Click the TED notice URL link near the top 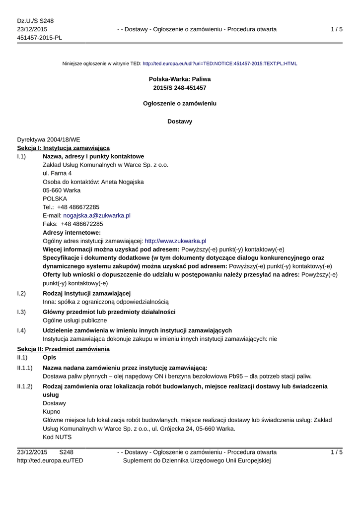(x=219, y=64)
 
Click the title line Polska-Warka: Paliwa (x=180, y=79)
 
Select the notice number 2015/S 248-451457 (x=180, y=88)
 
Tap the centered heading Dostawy (x=180, y=122)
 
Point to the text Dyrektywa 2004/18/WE (x=49, y=140)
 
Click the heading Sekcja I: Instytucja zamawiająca (x=64, y=148)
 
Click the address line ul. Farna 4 (x=57, y=173)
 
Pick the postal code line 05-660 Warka (x=62, y=190)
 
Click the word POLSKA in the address (x=55, y=198)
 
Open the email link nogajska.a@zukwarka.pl (x=97, y=216)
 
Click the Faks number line (x=73, y=224)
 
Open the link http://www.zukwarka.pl (x=175, y=241)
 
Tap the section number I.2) (x=21, y=293)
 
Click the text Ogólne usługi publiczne (x=74, y=320)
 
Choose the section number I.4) (x=21, y=330)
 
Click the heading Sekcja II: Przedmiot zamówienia (x=64, y=349)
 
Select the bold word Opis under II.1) (x=50, y=358)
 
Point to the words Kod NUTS (x=57, y=437)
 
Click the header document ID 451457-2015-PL (x=40, y=38)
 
